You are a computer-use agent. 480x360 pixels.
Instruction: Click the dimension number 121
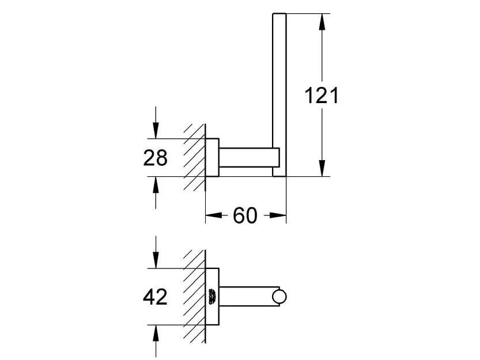click(x=322, y=95)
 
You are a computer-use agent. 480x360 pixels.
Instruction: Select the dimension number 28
click(x=155, y=157)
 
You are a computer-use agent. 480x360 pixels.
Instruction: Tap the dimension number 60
click(x=245, y=216)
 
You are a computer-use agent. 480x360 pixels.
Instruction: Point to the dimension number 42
click(x=155, y=297)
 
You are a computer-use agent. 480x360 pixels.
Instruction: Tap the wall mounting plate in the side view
click(x=213, y=157)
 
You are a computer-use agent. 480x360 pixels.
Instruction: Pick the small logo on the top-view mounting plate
click(x=212, y=297)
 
